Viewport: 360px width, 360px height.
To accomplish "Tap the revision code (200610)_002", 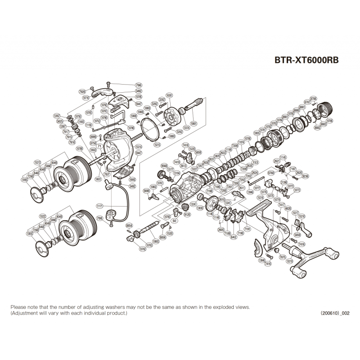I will pos(335,313).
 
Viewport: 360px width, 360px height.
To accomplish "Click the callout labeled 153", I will pos(256,162).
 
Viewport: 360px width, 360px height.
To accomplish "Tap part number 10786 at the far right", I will pos(329,121).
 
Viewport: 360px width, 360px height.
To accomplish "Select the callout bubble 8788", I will pos(313,99).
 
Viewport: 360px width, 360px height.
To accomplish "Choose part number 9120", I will pos(187,215).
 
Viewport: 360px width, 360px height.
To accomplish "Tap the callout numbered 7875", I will pos(283,256).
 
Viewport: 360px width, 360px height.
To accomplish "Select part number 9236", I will pos(306,176).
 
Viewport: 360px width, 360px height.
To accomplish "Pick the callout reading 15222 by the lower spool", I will pos(44,216).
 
